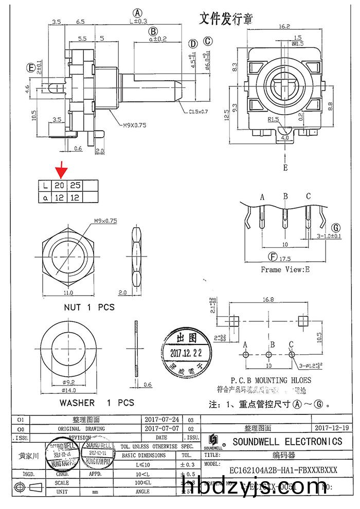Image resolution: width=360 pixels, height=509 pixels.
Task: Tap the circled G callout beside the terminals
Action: coord(336,227)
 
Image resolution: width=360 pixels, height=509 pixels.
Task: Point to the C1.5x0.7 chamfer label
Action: coord(198,111)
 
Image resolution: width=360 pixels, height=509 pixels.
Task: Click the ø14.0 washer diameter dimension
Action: coord(69,390)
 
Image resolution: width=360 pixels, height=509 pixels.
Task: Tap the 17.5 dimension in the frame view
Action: coord(285,258)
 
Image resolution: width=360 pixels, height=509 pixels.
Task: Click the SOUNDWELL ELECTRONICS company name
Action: coord(287,441)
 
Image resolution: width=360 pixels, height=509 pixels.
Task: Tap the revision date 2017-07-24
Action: coord(162,420)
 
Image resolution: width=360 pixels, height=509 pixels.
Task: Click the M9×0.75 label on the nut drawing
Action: coord(105,221)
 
